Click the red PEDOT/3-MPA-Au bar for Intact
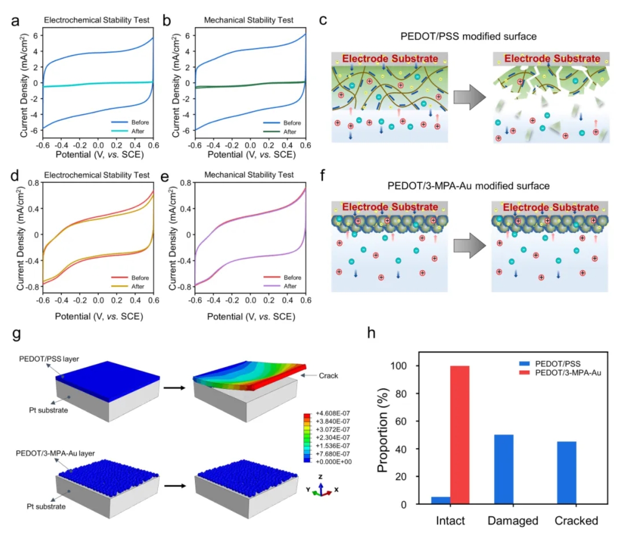coord(459,435)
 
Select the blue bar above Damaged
coord(503,469)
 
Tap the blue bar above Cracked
coord(567,473)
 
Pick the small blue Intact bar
coord(441,500)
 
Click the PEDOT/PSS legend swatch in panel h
coord(524,363)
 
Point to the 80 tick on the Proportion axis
coord(400,394)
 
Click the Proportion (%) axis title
coord(383,430)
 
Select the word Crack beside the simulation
coord(328,376)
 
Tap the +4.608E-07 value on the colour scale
coord(333,413)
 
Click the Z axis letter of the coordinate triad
coord(320,476)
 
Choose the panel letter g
coord(16,334)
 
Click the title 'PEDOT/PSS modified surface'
coord(468,36)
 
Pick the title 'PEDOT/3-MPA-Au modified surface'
coord(468,186)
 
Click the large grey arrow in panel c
coord(469,97)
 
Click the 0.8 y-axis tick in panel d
coord(34,183)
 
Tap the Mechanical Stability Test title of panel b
coord(249,20)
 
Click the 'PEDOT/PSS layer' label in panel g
coord(49,359)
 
